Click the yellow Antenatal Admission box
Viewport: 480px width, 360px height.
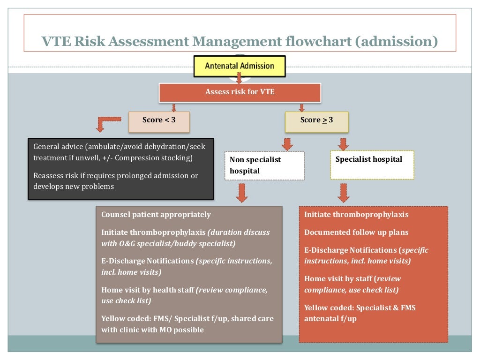240,66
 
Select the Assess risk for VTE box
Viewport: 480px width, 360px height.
240,92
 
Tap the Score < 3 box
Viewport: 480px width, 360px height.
159,120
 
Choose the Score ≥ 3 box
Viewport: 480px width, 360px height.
316,120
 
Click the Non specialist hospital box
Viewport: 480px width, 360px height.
264,165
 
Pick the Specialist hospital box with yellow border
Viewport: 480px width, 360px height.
372,164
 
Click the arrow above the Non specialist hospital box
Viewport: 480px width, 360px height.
288,143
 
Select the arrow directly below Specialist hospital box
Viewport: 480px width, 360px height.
344,192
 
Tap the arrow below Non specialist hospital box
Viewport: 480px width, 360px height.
242,193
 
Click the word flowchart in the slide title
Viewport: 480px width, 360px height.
318,42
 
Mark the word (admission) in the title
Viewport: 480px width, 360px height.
396,42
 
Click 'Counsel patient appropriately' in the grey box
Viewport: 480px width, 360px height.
156,215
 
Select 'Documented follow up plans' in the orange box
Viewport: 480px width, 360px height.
356,232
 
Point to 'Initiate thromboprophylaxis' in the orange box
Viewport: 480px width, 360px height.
356,215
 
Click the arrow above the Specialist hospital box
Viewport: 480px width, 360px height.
344,143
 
